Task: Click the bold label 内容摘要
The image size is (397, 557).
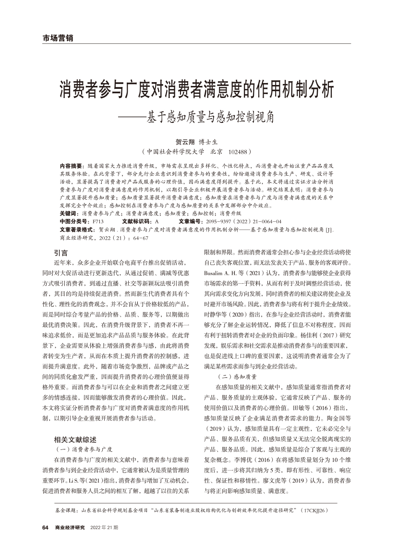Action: [71, 165]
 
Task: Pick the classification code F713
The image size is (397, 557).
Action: [98, 221]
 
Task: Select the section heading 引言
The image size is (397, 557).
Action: [61, 252]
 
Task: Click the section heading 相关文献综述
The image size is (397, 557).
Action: [75, 439]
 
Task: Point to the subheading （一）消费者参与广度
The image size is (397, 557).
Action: [84, 449]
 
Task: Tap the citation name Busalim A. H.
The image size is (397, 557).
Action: [219, 272]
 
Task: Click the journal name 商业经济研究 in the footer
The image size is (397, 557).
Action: [70, 528]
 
